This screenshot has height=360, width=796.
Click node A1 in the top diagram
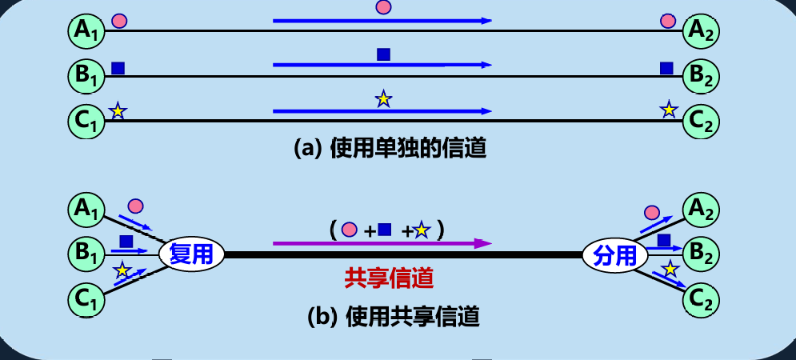click(x=84, y=30)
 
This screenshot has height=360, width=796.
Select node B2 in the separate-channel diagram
click(x=702, y=76)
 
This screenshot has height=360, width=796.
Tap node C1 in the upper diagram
click(x=84, y=120)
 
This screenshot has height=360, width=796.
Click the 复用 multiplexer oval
click(x=191, y=255)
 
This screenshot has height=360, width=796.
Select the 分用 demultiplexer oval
click(x=615, y=255)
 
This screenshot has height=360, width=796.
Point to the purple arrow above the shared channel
click(x=381, y=243)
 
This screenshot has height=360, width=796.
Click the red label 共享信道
click(x=389, y=278)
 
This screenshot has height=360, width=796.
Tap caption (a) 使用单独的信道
click(x=390, y=148)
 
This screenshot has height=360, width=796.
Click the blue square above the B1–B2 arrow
click(x=383, y=54)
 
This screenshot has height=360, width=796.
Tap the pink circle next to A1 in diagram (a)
click(x=119, y=21)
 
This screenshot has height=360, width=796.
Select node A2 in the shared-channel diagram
click(x=702, y=210)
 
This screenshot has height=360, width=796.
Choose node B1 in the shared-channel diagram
click(x=84, y=255)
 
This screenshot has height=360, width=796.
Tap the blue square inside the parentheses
click(x=385, y=230)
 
